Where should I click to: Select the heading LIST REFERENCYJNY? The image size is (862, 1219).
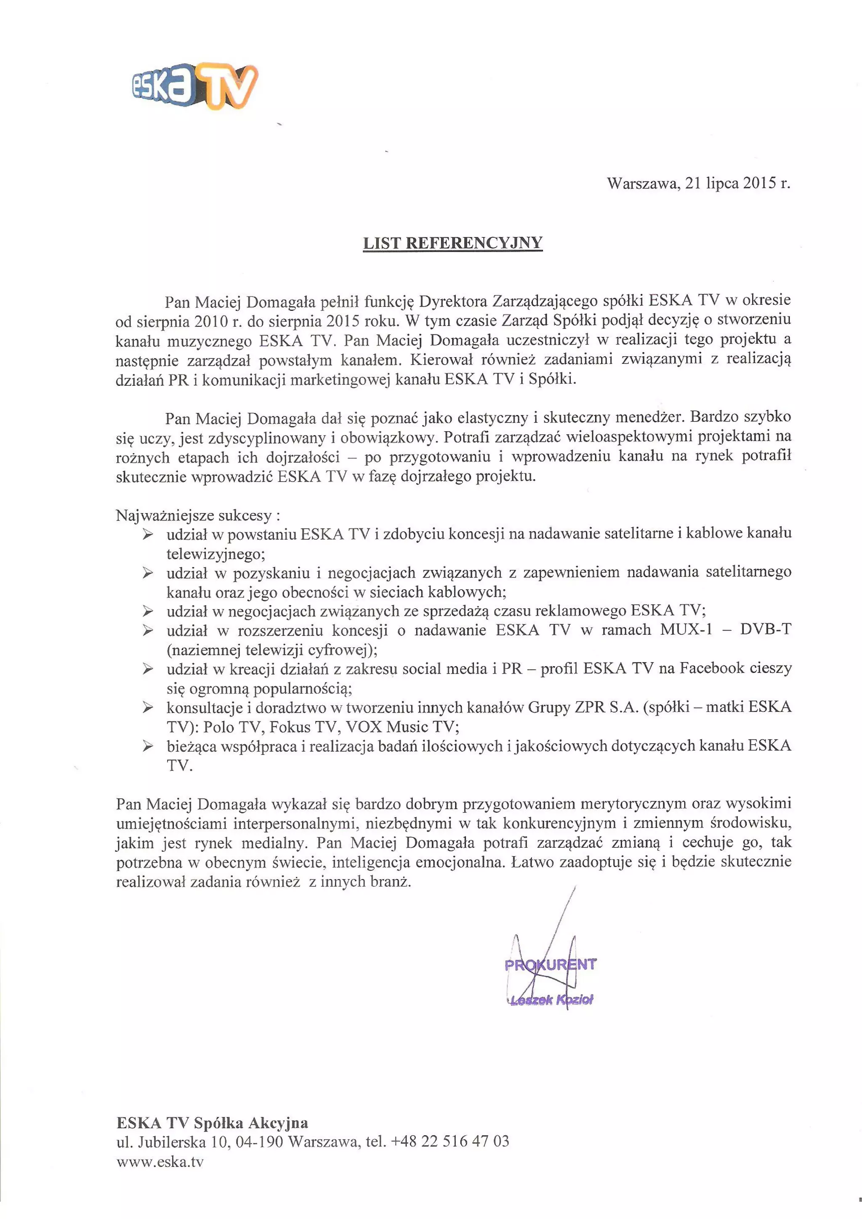click(452, 243)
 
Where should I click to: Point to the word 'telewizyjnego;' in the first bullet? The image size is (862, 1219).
click(215, 554)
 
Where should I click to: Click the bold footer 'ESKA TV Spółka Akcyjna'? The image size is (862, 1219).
click(212, 1123)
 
